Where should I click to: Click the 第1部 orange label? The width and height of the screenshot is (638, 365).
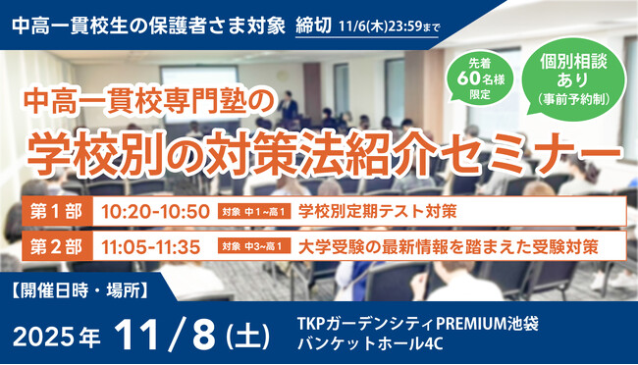pyautogui.click(x=58, y=211)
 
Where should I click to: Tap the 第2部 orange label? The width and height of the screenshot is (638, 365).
pyautogui.click(x=58, y=245)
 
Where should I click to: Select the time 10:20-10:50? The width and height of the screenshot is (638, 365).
pyautogui.click(x=155, y=211)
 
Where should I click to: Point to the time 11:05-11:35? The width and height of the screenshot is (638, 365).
pyautogui.click(x=155, y=245)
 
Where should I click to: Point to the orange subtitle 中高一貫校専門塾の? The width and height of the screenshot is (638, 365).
pyautogui.click(x=156, y=101)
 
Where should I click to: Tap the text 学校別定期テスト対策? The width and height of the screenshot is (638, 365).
pyautogui.click(x=377, y=211)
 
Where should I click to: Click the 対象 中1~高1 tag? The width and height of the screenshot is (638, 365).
pyautogui.click(x=254, y=212)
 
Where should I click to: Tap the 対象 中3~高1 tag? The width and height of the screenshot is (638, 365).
pyautogui.click(x=254, y=246)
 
